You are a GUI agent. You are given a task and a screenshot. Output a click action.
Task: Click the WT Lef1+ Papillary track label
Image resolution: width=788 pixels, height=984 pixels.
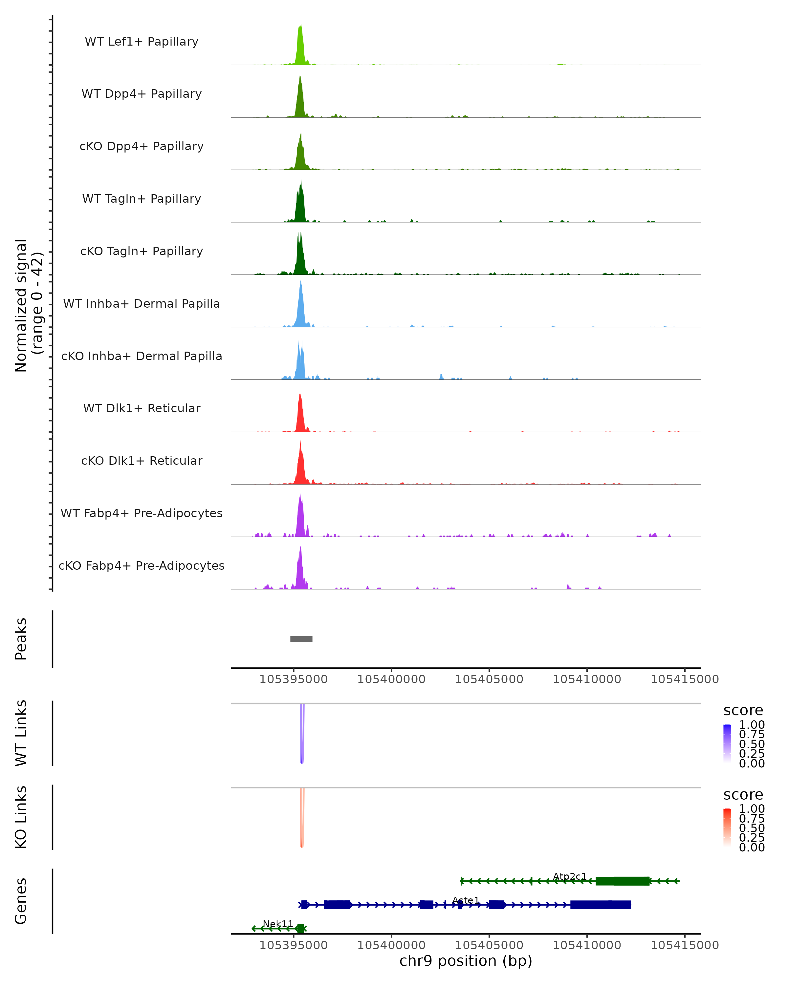[x=142, y=42]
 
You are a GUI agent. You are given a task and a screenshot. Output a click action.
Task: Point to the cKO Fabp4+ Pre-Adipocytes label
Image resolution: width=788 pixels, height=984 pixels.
[x=142, y=565]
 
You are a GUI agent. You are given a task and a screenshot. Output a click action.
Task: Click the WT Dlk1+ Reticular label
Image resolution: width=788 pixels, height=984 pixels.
[x=142, y=408]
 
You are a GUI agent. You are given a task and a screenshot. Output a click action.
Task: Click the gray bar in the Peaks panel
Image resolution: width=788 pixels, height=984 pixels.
[x=301, y=639]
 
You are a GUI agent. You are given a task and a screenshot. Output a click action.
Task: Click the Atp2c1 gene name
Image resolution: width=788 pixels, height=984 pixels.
[x=570, y=876]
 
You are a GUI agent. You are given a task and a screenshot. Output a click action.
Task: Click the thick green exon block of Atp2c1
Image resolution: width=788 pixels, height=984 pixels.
[x=623, y=881]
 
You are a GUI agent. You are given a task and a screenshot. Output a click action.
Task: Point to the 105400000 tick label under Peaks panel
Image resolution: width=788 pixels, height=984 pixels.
[x=391, y=679]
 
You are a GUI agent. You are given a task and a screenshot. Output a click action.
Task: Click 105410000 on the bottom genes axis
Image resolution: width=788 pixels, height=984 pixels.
[x=587, y=945]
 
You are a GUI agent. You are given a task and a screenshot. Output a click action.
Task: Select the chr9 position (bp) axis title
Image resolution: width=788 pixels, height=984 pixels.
[x=466, y=961]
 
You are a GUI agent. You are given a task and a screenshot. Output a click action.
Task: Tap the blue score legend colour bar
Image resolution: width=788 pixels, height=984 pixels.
[x=727, y=743]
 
